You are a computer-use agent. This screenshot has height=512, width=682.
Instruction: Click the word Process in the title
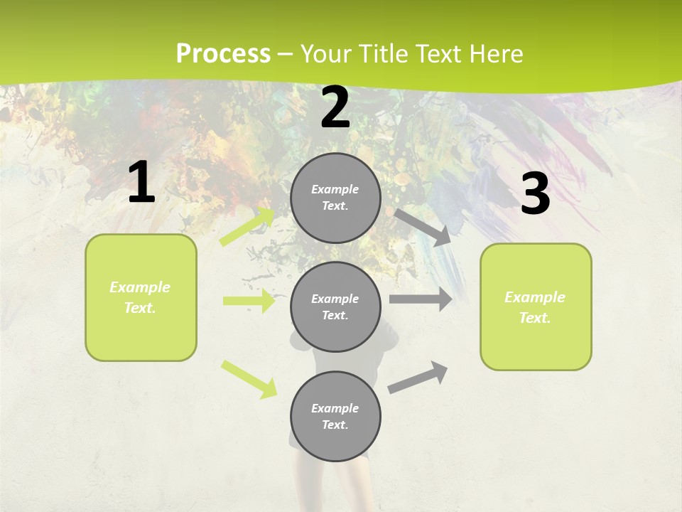click(223, 53)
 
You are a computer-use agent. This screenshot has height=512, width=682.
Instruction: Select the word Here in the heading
click(496, 53)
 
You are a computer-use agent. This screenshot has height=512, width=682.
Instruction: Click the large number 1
click(141, 183)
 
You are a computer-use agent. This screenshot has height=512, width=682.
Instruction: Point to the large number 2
click(335, 107)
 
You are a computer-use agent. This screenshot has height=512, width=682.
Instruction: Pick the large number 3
click(535, 193)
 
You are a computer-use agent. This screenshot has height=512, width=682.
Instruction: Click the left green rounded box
click(141, 297)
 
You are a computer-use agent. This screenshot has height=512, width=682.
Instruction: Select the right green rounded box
click(536, 307)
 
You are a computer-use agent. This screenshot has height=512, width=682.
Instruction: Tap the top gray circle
click(335, 198)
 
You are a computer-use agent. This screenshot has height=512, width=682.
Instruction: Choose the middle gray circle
click(335, 306)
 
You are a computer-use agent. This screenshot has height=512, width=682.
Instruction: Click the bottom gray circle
click(335, 416)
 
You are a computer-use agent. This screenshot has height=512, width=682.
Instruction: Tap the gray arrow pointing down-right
click(423, 228)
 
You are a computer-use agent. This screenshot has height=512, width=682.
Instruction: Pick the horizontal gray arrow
click(421, 299)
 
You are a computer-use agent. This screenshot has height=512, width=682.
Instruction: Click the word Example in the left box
click(140, 287)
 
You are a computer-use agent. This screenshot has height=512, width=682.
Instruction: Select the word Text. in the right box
click(535, 318)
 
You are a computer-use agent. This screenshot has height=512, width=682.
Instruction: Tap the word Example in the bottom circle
click(335, 408)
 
